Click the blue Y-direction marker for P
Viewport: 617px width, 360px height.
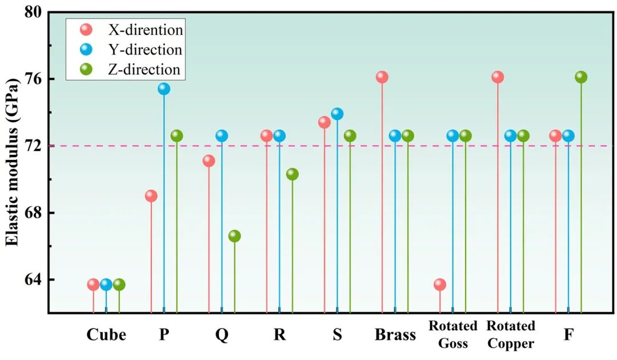click(164, 89)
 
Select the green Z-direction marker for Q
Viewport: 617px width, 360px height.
click(234, 236)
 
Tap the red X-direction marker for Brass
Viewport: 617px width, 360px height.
click(382, 77)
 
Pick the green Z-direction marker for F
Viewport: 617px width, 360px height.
click(581, 77)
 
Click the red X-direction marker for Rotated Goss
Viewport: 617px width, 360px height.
click(440, 284)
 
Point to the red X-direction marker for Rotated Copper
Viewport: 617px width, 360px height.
click(498, 77)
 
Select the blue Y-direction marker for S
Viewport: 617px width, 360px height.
click(337, 114)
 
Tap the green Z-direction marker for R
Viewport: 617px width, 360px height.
click(292, 174)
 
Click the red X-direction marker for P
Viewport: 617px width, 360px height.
click(151, 196)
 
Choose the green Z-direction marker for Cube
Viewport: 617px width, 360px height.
click(119, 284)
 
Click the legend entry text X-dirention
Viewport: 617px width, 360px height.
click(146, 29)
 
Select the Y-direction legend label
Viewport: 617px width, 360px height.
click(145, 50)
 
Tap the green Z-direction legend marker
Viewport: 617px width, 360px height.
click(86, 70)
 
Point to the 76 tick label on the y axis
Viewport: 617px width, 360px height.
click(32, 79)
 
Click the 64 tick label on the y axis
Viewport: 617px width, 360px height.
click(32, 280)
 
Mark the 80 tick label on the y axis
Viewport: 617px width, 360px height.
click(32, 12)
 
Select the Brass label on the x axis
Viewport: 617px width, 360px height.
click(395, 335)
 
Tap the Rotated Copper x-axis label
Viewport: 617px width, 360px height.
click(510, 335)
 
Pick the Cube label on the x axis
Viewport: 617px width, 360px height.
click(106, 335)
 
